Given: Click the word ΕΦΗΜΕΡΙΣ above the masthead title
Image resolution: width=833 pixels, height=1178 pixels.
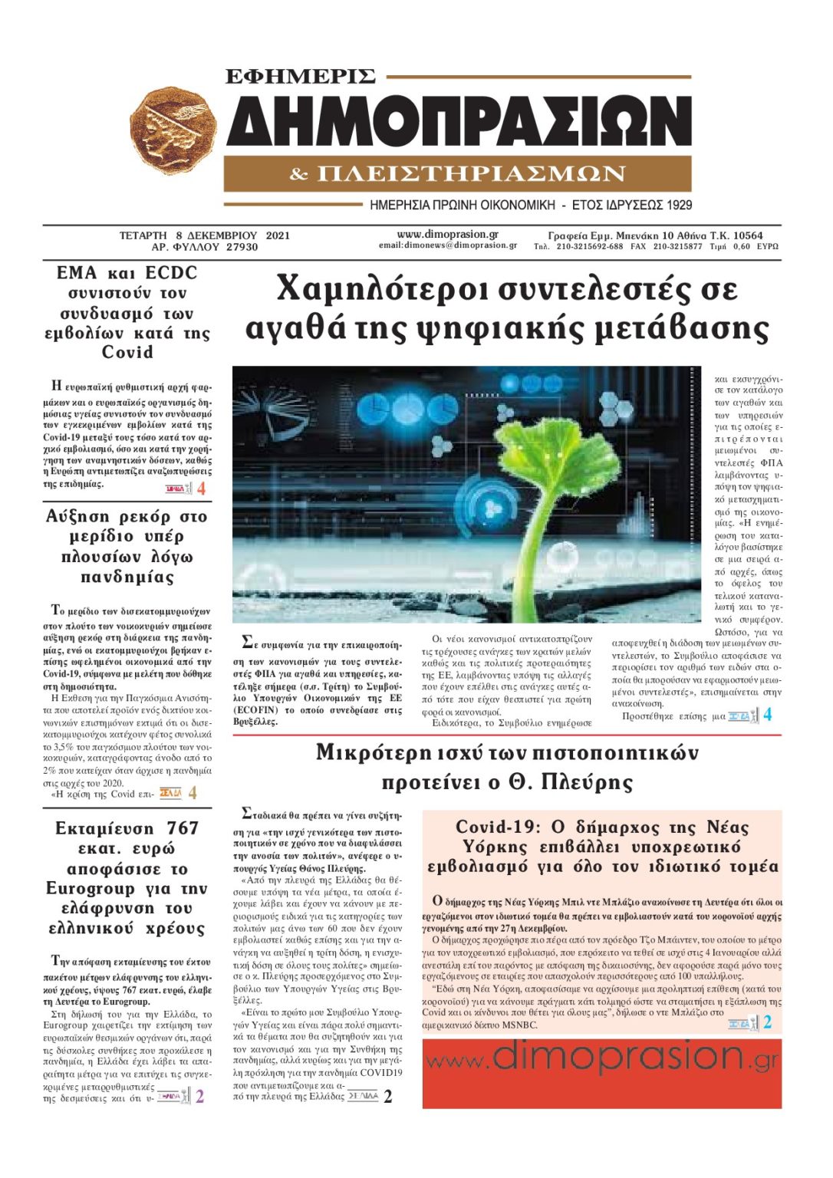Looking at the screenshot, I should coord(301,76).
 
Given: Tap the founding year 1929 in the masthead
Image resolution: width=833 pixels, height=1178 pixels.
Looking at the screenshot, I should coord(677,205).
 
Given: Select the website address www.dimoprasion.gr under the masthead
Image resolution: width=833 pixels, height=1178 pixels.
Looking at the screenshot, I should coord(447,235).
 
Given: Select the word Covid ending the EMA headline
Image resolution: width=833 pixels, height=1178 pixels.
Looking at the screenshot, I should coord(127,353).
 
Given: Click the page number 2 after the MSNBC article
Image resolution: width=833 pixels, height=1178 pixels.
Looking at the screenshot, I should coord(767,1022).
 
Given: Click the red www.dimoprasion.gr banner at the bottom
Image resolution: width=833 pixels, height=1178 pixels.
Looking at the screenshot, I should coord(601,1073).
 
